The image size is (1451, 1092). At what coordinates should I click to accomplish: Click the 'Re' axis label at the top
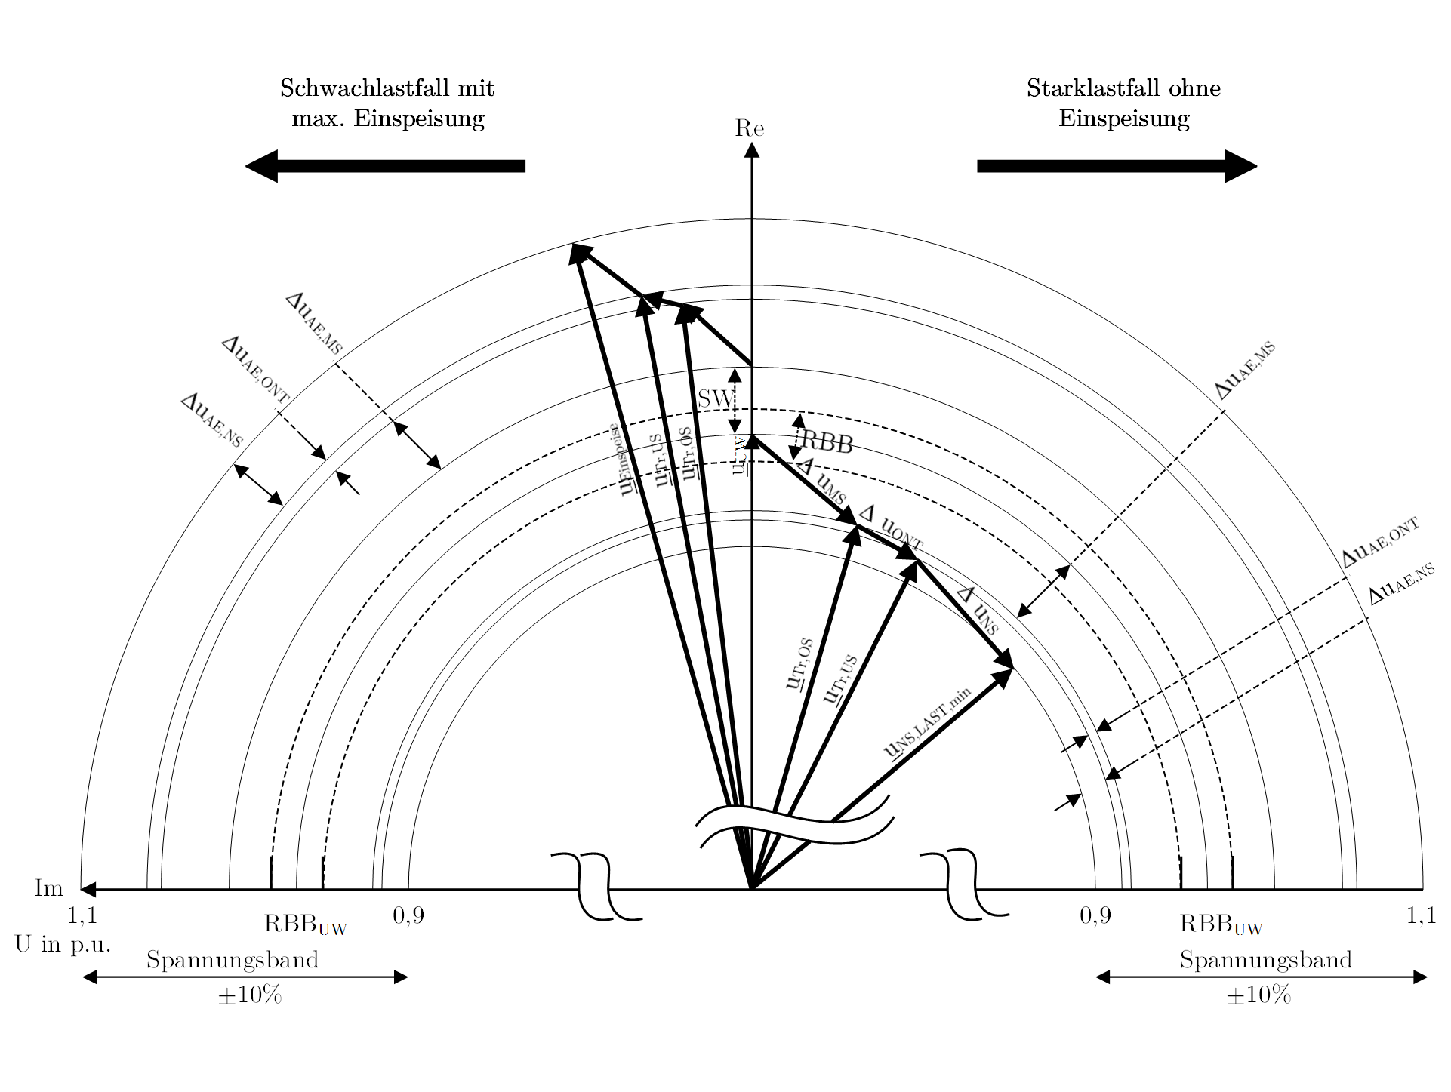[x=750, y=129]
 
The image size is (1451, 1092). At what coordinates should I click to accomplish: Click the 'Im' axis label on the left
[x=48, y=888]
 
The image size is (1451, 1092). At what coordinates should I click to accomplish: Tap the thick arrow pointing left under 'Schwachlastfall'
[x=385, y=166]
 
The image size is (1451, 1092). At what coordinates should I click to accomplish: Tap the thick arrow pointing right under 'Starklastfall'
[x=1117, y=166]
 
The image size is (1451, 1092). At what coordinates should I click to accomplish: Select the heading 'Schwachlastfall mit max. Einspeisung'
[x=387, y=103]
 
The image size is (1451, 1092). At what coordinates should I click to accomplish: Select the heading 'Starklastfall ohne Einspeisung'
[x=1123, y=103]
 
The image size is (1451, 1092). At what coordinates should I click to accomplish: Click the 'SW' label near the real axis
[x=713, y=398]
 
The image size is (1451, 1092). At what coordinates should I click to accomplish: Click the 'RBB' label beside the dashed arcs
[x=827, y=442]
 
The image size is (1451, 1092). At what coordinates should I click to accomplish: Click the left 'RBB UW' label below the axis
[x=305, y=924]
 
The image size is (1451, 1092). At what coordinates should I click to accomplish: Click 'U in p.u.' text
[x=63, y=945]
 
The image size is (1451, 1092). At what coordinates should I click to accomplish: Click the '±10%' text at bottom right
[x=1258, y=995]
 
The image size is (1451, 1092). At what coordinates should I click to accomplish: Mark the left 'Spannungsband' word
[x=233, y=960]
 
